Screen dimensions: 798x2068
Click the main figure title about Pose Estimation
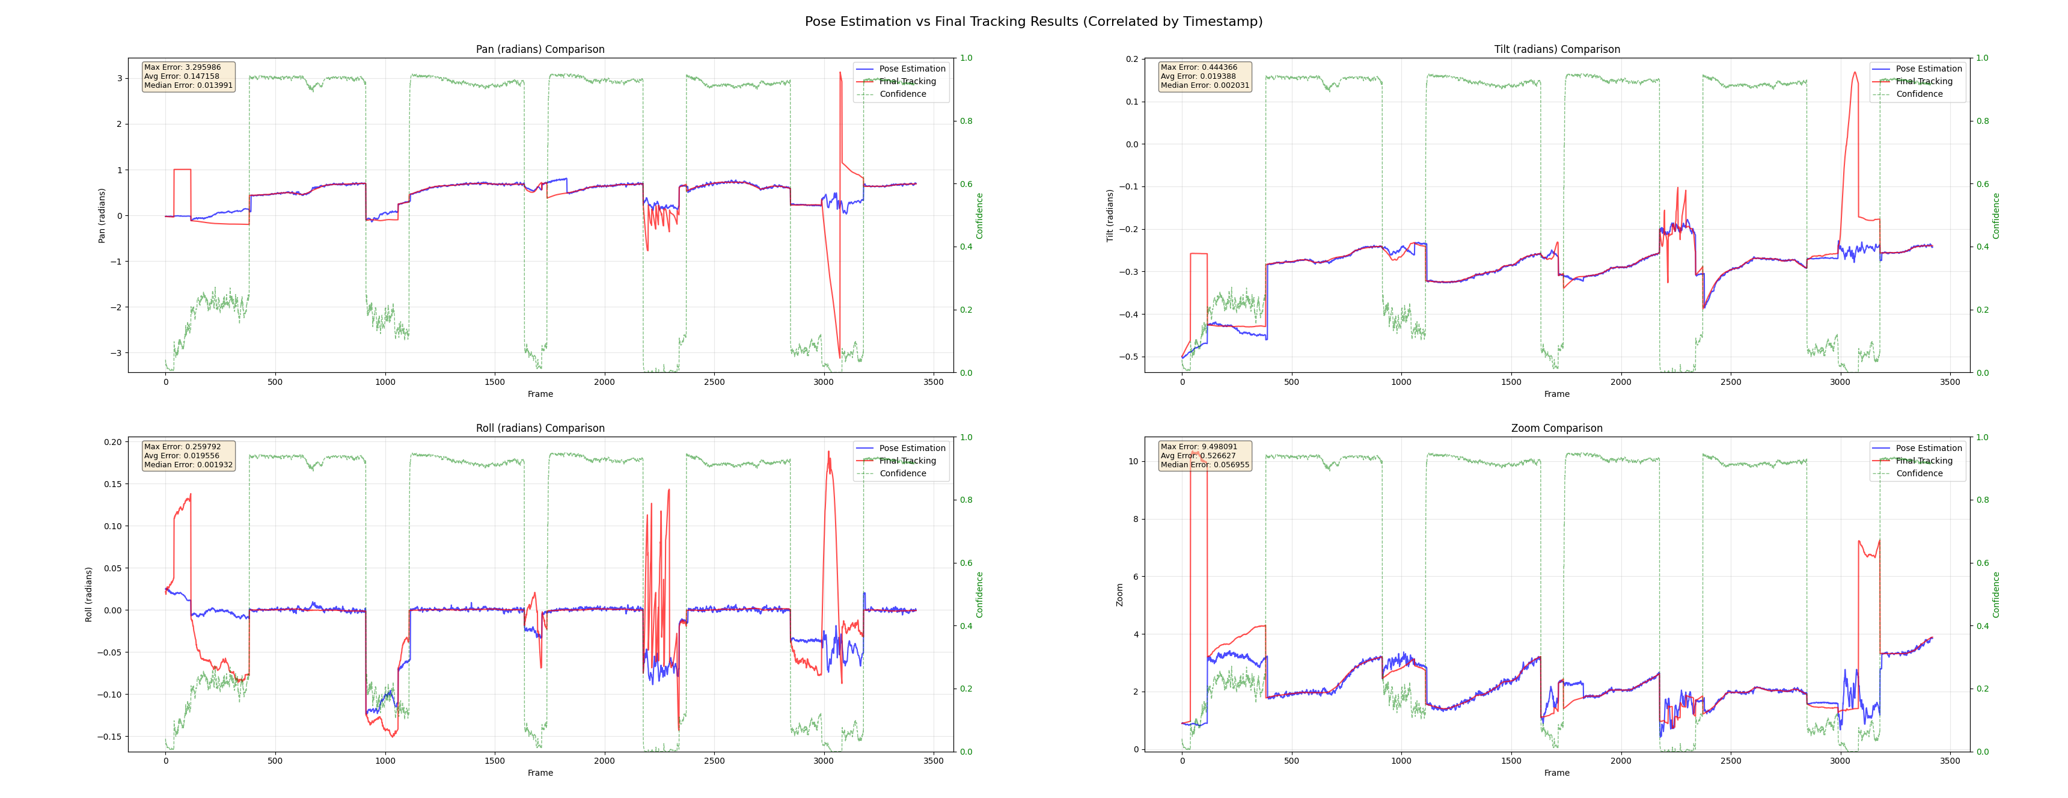1033,22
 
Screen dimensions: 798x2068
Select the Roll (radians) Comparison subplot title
540,429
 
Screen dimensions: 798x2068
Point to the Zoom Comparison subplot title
1556,429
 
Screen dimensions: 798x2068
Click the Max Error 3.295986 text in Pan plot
182,67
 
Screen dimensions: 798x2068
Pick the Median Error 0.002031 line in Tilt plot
1204,85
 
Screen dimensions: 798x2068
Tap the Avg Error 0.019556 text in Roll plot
182,456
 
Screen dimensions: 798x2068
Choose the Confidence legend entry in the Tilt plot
1919,94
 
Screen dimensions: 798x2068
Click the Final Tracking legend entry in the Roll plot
907,461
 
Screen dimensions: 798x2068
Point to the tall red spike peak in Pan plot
840,73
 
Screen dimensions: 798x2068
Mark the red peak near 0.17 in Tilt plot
1855,73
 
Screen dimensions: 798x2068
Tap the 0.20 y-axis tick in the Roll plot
112,443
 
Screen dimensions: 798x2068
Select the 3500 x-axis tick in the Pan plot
933,382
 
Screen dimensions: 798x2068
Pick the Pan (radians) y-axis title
102,215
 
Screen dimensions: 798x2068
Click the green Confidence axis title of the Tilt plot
1996,215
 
